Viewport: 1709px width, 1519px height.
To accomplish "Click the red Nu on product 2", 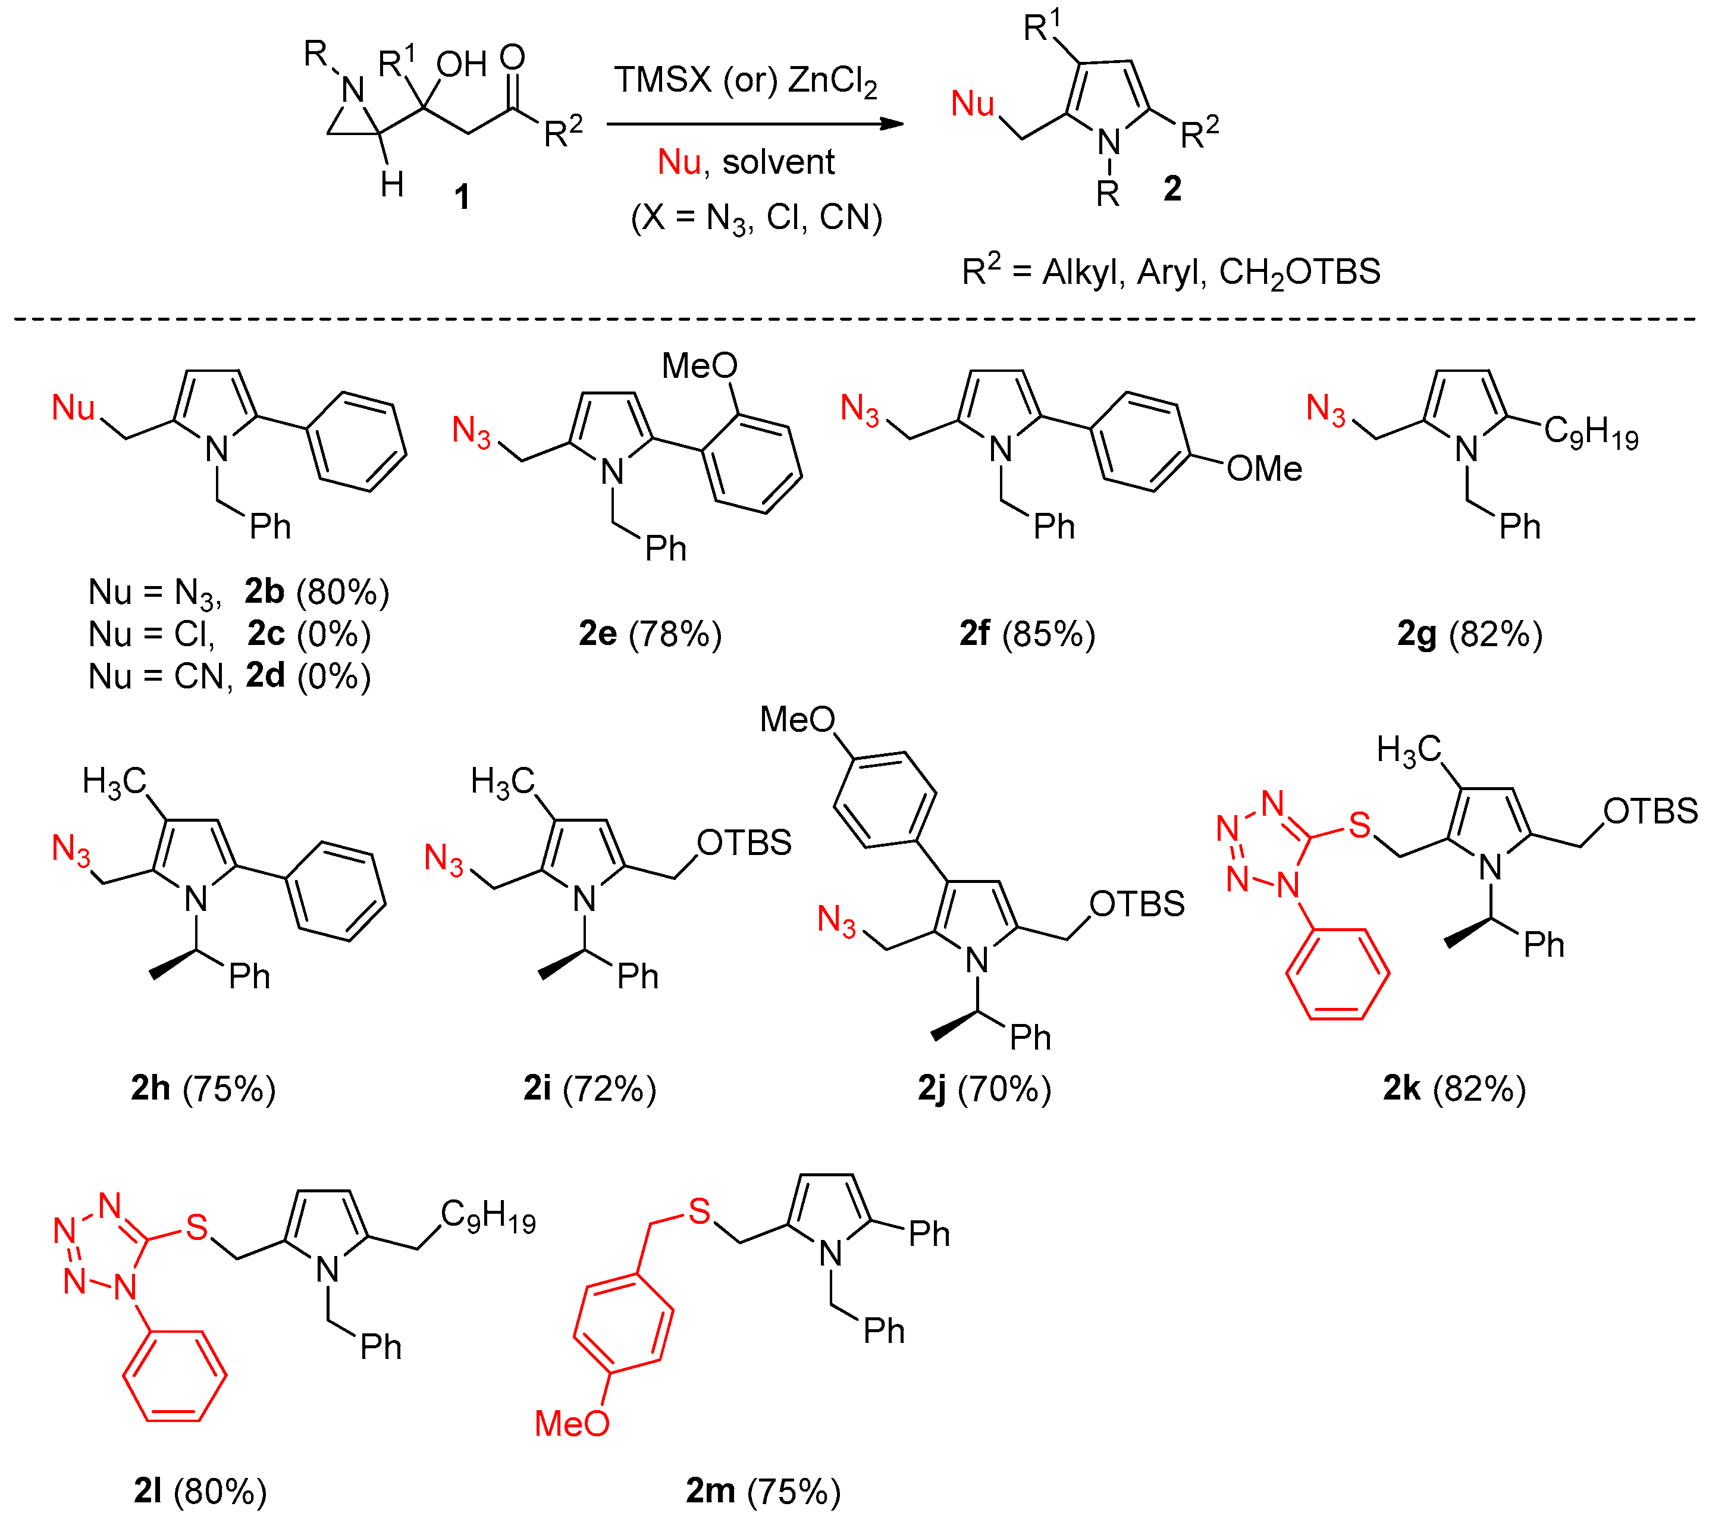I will (x=973, y=105).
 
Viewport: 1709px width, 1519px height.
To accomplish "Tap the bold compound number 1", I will (x=462, y=198).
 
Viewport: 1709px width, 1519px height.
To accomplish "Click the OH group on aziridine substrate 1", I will (x=460, y=64).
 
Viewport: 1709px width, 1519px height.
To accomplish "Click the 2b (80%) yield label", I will (x=317, y=591).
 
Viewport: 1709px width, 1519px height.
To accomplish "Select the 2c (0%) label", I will (x=309, y=634).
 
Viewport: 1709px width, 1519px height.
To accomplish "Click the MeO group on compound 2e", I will (x=699, y=365).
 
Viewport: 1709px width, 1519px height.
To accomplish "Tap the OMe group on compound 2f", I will (x=1263, y=468).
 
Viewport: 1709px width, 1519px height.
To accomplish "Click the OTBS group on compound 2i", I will (x=744, y=843).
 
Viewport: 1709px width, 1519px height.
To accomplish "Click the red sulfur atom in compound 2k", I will (x=1359, y=825).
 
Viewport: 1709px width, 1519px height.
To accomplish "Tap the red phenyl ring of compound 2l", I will (x=175, y=1375).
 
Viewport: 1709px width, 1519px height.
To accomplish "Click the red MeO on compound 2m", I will (x=572, y=1423).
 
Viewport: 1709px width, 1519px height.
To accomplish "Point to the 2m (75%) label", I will (x=763, y=1490).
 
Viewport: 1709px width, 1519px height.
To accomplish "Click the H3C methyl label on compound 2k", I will (x=1409, y=750).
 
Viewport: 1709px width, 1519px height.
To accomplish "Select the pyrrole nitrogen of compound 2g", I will (x=1466, y=450).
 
